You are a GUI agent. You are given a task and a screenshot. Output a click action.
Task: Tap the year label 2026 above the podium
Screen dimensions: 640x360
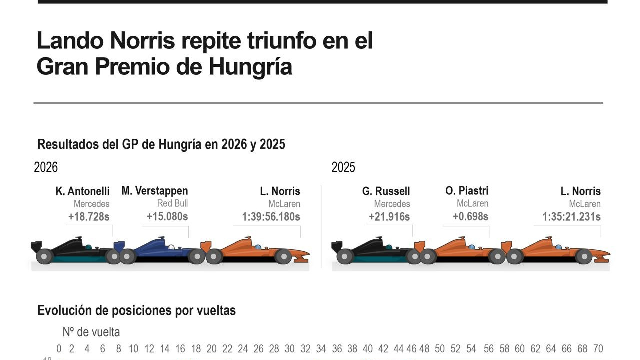pyautogui.click(x=46, y=167)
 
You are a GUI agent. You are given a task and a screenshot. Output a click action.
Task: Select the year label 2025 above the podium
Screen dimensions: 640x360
pyautogui.click(x=343, y=167)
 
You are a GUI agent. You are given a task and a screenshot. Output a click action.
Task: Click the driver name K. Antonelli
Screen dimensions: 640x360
pyautogui.click(x=82, y=191)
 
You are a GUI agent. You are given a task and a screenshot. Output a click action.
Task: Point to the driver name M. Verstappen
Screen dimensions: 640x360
pyautogui.click(x=155, y=191)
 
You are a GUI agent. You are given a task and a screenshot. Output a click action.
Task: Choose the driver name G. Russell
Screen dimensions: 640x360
pyautogui.click(x=386, y=191)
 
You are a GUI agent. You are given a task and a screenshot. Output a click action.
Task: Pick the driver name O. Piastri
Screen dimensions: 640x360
pyautogui.click(x=467, y=191)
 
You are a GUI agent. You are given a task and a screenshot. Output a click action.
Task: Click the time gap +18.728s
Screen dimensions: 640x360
pyautogui.click(x=89, y=217)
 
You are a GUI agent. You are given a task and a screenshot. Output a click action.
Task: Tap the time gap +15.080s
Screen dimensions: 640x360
pyautogui.click(x=167, y=217)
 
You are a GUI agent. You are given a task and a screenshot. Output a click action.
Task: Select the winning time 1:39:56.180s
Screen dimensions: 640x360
pyautogui.click(x=271, y=217)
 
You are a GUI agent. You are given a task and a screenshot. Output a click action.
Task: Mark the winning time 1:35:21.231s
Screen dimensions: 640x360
pyautogui.click(x=571, y=217)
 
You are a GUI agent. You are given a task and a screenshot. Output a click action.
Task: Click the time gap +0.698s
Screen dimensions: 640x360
pyautogui.click(x=470, y=217)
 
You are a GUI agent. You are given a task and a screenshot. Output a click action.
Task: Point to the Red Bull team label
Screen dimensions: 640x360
pyautogui.click(x=172, y=203)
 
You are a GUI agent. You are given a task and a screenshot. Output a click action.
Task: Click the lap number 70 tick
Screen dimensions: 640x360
pyautogui.click(x=598, y=349)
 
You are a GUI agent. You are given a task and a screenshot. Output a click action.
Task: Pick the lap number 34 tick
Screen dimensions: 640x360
pyautogui.click(x=321, y=349)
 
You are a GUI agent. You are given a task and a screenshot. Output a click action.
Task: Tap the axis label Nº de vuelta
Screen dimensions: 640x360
pyautogui.click(x=91, y=332)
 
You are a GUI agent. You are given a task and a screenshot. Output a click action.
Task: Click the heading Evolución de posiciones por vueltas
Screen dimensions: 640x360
pyautogui.click(x=136, y=311)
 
